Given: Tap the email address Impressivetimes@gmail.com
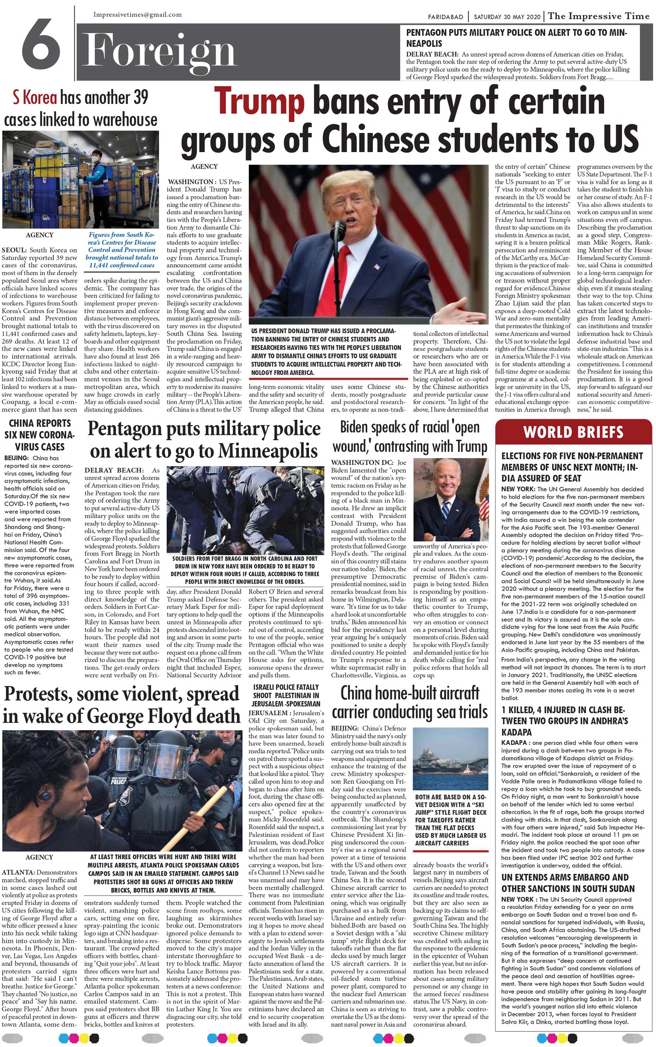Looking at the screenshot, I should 137,15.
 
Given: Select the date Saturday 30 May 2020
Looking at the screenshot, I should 507,17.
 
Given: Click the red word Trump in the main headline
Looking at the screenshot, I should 259,101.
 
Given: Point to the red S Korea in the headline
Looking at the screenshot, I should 35,98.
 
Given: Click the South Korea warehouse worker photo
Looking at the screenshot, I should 80,180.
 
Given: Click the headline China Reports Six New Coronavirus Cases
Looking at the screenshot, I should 40,435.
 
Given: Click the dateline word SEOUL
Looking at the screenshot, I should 14,250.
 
